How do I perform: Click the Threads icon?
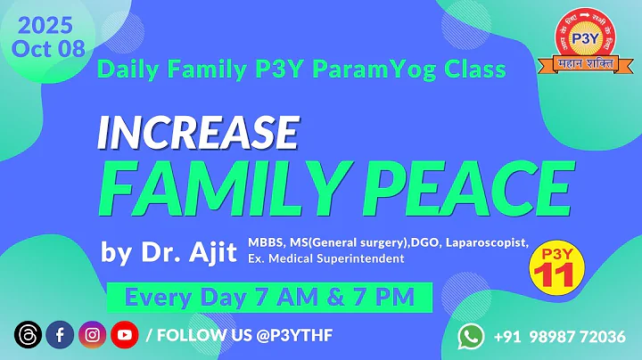pos(28,335)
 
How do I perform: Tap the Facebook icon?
pos(60,335)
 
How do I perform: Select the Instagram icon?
pos(92,335)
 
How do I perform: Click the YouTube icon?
pos(124,335)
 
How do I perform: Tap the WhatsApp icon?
pos(472,336)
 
